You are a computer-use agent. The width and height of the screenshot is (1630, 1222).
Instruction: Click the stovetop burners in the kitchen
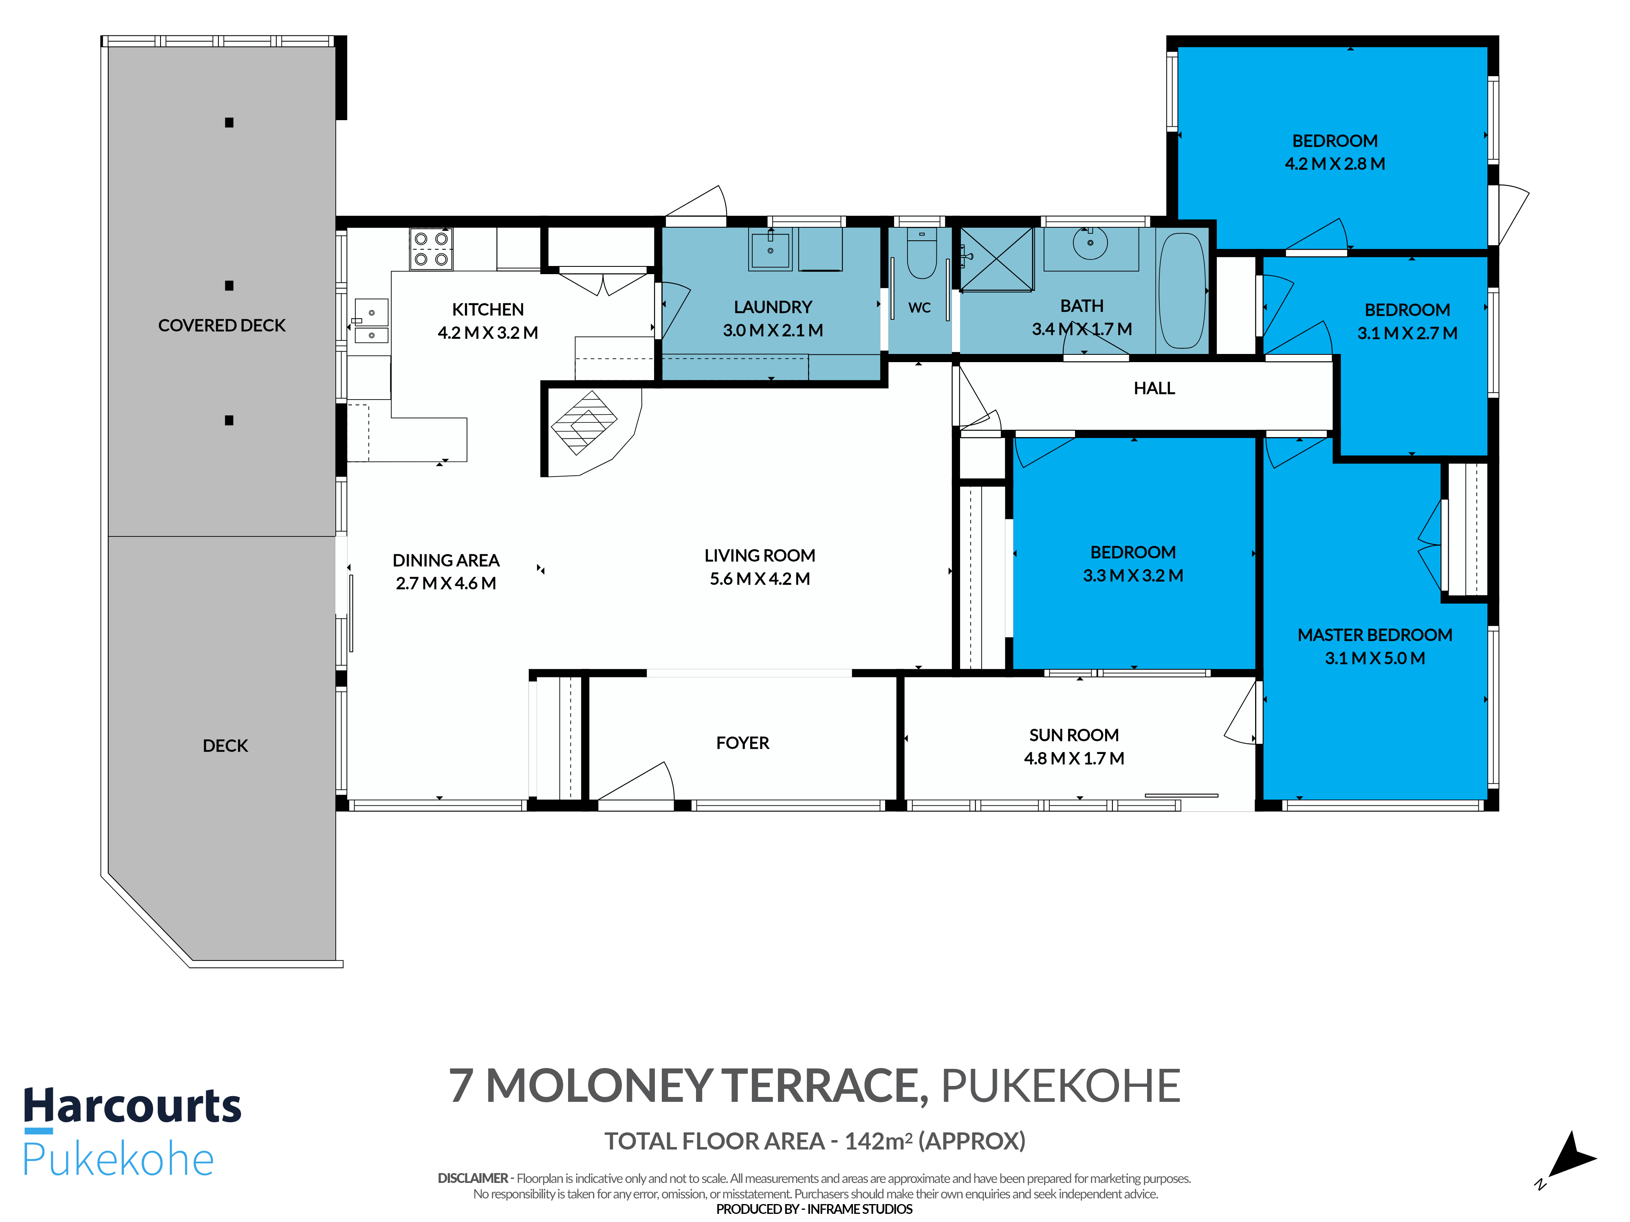coord(431,249)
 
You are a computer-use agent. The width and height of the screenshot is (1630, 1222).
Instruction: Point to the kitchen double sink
coord(371,321)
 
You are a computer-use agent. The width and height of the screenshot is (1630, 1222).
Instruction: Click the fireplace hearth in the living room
coord(584,423)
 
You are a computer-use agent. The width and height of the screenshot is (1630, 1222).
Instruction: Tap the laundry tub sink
coord(770,251)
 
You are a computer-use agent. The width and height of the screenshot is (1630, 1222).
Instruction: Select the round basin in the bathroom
coord(1090,243)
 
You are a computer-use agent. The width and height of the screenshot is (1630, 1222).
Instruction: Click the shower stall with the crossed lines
coord(996,259)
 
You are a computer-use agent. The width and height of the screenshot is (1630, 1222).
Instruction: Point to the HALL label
coord(1154,388)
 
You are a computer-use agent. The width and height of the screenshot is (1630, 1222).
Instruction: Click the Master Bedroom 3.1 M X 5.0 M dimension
coord(1375,659)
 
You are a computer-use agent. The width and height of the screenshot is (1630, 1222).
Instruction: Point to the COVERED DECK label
coord(222,325)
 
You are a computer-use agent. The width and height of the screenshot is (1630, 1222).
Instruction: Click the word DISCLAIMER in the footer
coord(473,1178)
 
